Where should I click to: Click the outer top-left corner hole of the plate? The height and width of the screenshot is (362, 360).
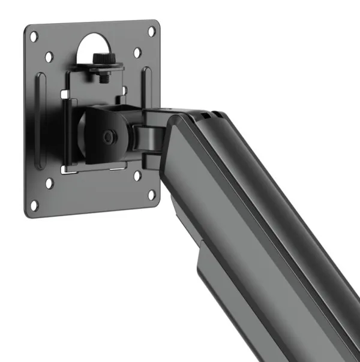pyautogui.click(x=34, y=37)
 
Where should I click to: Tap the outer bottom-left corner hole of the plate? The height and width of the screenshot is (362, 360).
pyautogui.click(x=34, y=204)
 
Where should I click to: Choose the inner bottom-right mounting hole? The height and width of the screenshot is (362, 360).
pyautogui.click(x=137, y=176)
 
